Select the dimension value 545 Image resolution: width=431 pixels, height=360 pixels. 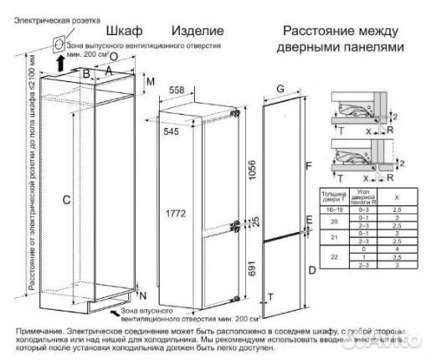[172, 131]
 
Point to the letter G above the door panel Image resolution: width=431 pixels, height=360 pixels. [280, 89]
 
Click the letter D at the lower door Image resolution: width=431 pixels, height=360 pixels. [310, 270]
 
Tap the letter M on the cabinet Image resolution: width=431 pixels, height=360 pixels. [150, 82]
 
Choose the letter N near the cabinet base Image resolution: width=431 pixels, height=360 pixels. [143, 296]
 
